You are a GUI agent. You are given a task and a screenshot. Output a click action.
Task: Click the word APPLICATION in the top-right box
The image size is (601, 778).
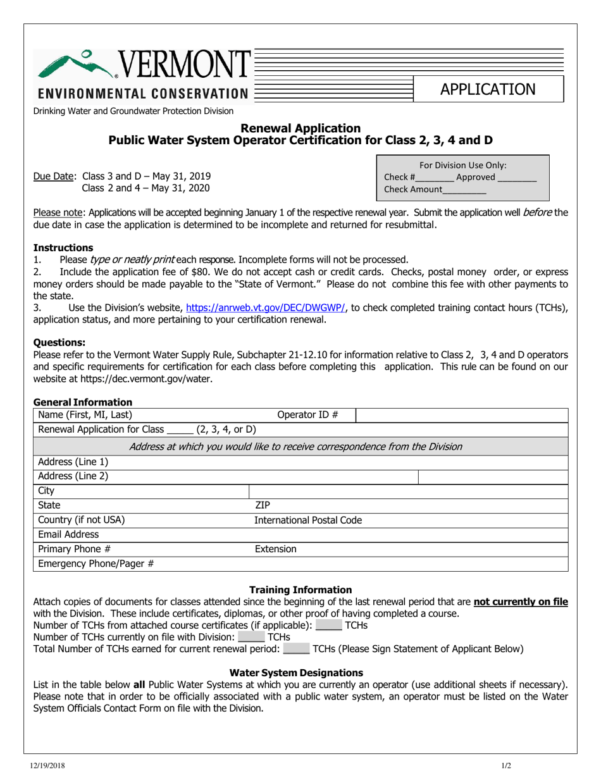click(x=488, y=89)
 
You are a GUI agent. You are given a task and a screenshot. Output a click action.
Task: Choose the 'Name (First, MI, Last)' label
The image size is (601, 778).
click(x=85, y=415)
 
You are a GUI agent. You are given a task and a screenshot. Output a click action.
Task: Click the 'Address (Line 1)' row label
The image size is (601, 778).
click(x=73, y=462)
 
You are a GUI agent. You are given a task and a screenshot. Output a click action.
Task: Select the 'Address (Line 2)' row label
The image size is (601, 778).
click(x=73, y=476)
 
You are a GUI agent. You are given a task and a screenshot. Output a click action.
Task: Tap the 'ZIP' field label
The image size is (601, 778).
click(x=263, y=505)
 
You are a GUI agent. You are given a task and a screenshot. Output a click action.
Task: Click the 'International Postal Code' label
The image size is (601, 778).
click(x=308, y=520)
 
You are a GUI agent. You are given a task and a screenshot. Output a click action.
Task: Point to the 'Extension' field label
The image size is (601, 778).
click(x=275, y=549)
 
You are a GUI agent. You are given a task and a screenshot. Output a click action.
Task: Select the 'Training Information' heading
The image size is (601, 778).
click(x=300, y=590)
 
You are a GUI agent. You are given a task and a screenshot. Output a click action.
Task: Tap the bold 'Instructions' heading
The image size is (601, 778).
click(x=63, y=247)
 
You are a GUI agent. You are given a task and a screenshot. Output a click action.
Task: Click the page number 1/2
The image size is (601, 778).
click(x=506, y=767)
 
